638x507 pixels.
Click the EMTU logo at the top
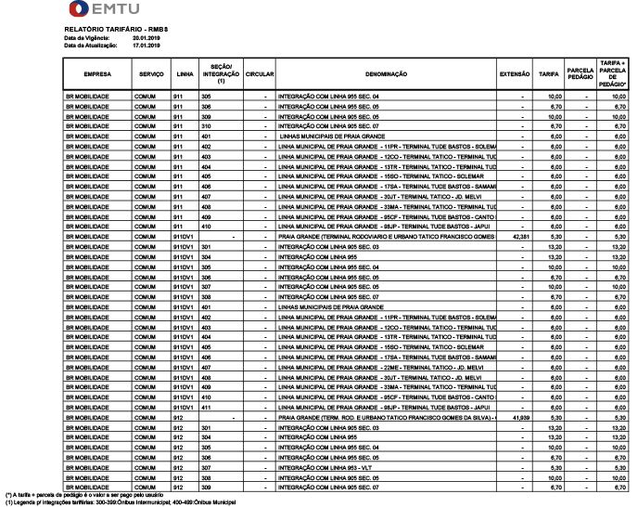[x=105, y=11]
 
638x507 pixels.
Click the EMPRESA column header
[x=97, y=72]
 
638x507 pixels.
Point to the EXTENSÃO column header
[x=515, y=72]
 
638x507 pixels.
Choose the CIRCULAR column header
[x=261, y=72]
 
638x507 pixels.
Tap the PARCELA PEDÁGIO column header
[x=581, y=72]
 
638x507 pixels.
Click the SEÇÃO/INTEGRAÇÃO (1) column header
[x=222, y=72]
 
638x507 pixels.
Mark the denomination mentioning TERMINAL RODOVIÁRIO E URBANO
[x=385, y=237]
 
